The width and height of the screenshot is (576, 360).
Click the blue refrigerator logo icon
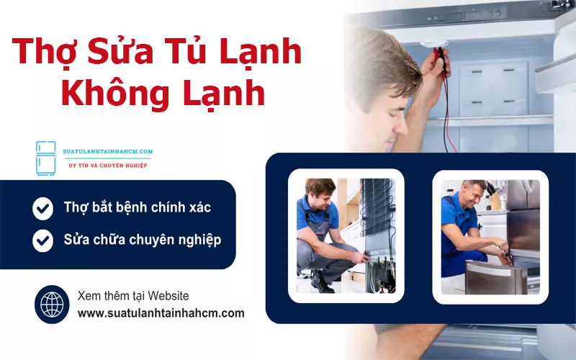pos(45,158)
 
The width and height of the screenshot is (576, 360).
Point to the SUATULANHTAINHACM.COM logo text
pos(109,152)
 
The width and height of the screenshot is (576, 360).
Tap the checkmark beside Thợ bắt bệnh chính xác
pos(43,209)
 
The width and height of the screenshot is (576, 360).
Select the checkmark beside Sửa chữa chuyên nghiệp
pos(43,240)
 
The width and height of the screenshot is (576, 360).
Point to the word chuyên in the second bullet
pos(151,239)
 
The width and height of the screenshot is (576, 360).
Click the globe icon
pos(52,305)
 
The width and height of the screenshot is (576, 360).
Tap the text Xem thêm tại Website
pos(133,296)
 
